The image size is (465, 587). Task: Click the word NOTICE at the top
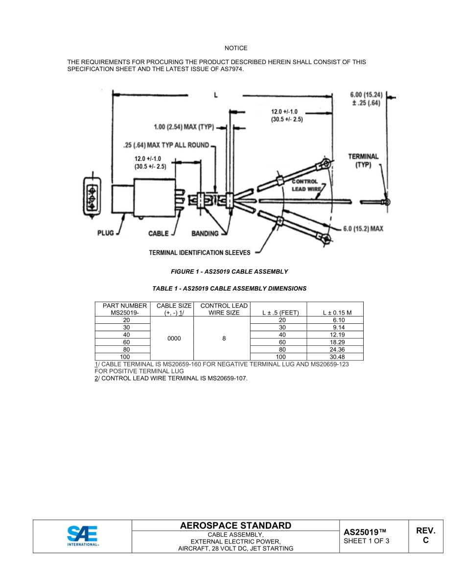pyautogui.click(x=236, y=48)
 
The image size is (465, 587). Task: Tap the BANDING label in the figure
pyautogui.click(x=204, y=233)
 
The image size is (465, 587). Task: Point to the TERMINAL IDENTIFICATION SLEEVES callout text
pyautogui.click(x=199, y=253)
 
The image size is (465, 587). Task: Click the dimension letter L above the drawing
pyautogui.click(x=215, y=95)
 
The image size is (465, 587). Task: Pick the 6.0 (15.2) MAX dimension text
pyautogui.click(x=363, y=228)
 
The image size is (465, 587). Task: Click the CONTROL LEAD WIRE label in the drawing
pyautogui.click(x=306, y=185)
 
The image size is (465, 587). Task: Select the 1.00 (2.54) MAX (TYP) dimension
pyautogui.click(x=184, y=127)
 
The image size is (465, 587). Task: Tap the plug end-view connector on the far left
pyautogui.click(x=91, y=197)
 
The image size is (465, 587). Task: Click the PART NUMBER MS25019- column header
pyautogui.click(x=124, y=309)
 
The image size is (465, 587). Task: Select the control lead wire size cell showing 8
pyautogui.click(x=223, y=339)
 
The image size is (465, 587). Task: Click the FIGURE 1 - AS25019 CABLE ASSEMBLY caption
pyautogui.click(x=229, y=271)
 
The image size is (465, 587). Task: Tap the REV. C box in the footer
pyautogui.click(x=425, y=536)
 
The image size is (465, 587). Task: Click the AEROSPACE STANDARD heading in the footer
pyautogui.click(x=235, y=525)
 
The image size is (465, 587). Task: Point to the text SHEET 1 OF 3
pyautogui.click(x=367, y=541)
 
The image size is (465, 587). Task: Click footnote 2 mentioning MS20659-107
pyautogui.click(x=171, y=378)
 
